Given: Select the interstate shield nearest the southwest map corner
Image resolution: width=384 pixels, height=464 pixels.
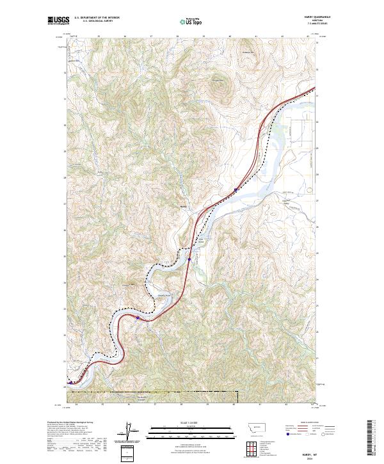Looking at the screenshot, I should pyautogui.click(x=71, y=383).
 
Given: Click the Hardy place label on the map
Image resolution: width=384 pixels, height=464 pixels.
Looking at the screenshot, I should pyautogui.click(x=183, y=206).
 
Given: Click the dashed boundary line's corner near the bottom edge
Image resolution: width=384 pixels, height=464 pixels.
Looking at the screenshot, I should pyautogui.click(x=234, y=392).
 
